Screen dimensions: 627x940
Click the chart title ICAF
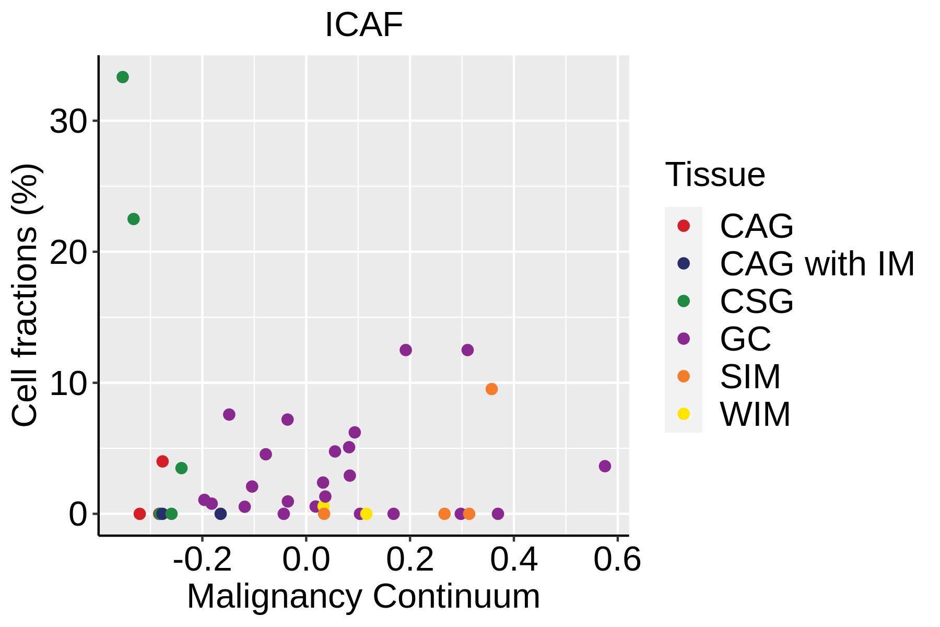coord(364,25)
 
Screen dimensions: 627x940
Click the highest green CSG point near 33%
coord(123,77)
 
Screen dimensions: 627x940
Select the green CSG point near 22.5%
coord(134,219)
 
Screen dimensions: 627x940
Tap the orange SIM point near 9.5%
coord(491,389)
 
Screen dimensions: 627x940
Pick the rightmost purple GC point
coord(605,466)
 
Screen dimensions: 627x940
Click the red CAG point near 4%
coord(162,461)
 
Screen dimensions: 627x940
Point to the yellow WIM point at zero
coord(366,514)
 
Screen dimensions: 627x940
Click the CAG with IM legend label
coord(817,264)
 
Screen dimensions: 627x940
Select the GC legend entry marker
coord(683,339)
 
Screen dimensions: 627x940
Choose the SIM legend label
coord(750,377)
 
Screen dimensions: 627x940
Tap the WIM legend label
coord(755,415)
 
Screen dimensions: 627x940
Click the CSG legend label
coord(757,301)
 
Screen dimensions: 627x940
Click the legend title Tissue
coord(715,175)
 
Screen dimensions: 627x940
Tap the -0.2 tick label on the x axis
coord(202,560)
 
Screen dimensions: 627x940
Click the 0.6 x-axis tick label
coord(617,560)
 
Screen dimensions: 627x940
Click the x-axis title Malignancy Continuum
coord(363,597)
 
